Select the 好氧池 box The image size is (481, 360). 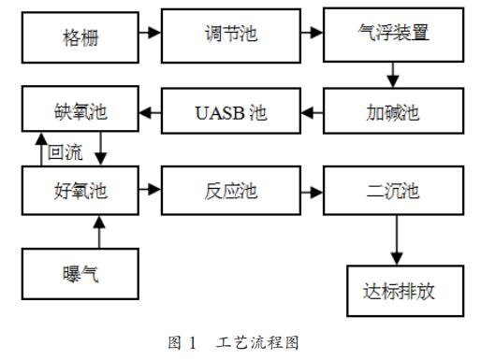[80, 191]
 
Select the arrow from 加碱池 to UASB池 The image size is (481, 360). [313, 112]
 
